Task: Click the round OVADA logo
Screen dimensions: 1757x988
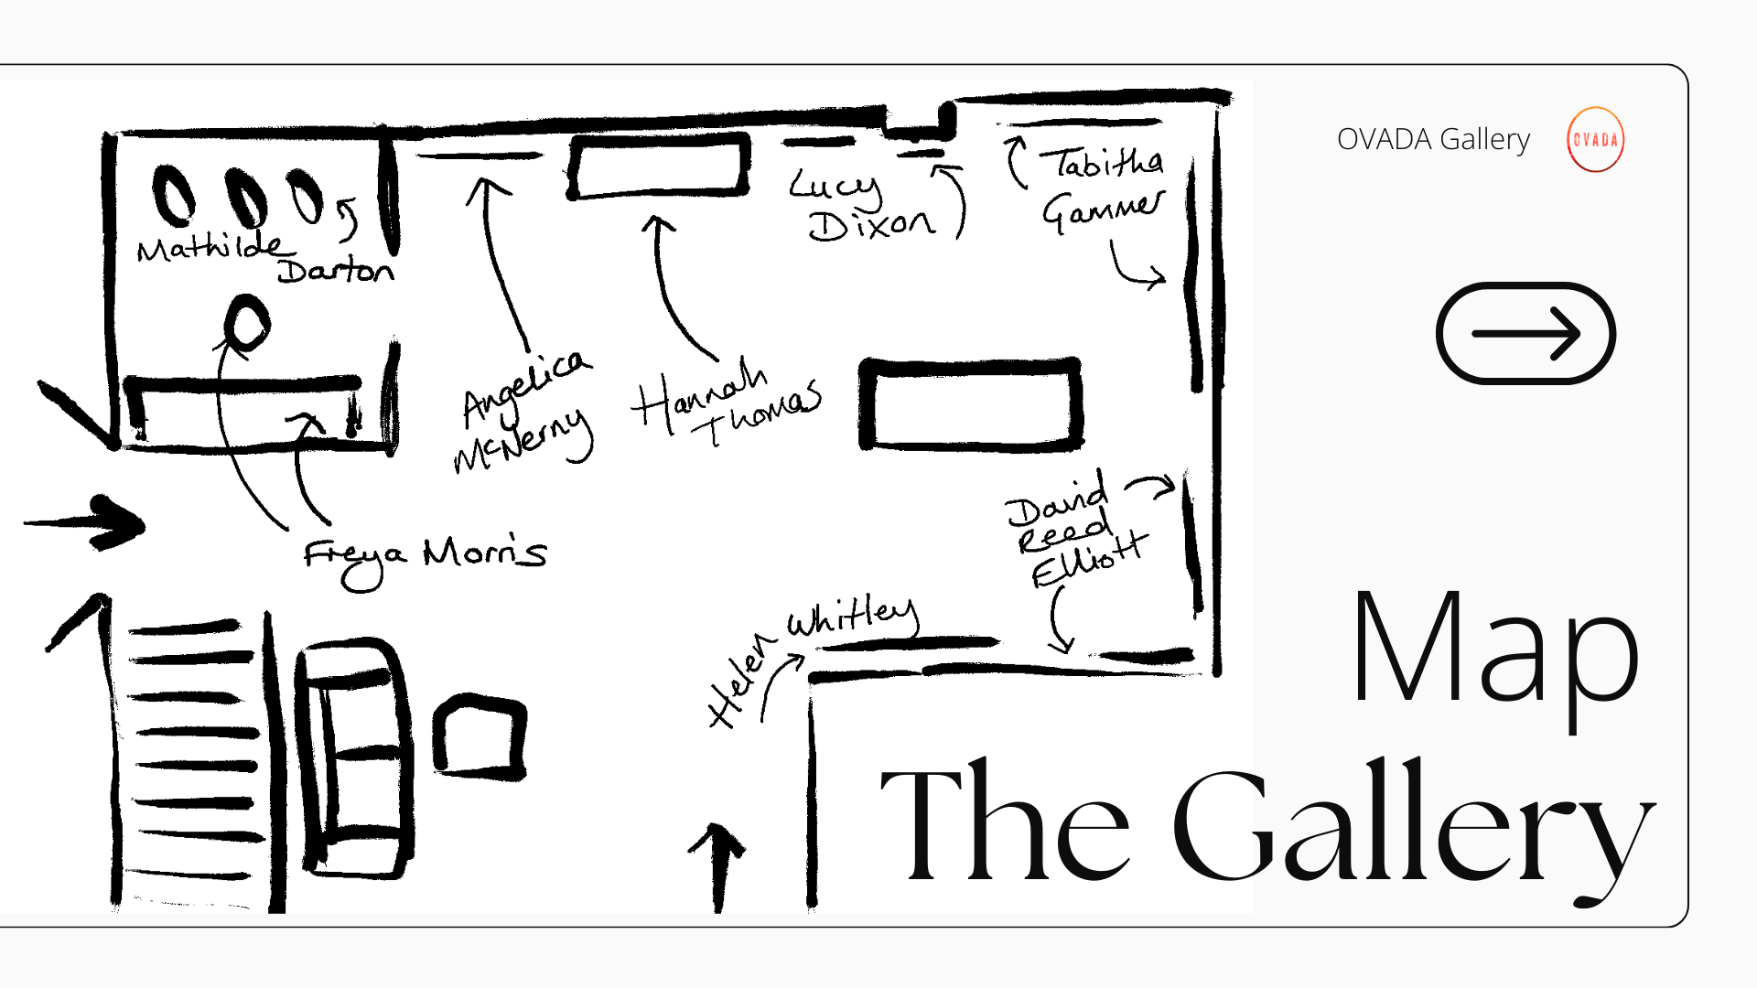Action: pyautogui.click(x=1595, y=140)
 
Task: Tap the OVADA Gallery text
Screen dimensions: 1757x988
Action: pyautogui.click(x=1433, y=140)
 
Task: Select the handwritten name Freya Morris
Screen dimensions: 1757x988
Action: pyautogui.click(x=425, y=556)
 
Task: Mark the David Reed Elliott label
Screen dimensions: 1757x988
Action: pyautogui.click(x=1071, y=531)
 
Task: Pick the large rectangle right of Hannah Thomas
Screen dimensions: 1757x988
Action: pyautogui.click(x=971, y=404)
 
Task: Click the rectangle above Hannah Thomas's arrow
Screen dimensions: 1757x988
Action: pyautogui.click(x=659, y=166)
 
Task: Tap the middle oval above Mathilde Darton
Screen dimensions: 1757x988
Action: pyautogui.click(x=246, y=197)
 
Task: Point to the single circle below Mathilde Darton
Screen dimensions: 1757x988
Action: pyautogui.click(x=246, y=323)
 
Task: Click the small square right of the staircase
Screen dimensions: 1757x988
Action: pyautogui.click(x=480, y=736)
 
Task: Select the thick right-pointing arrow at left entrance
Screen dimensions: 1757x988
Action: pyautogui.click(x=92, y=523)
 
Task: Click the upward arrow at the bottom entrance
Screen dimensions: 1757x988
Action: pyautogui.click(x=717, y=864)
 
